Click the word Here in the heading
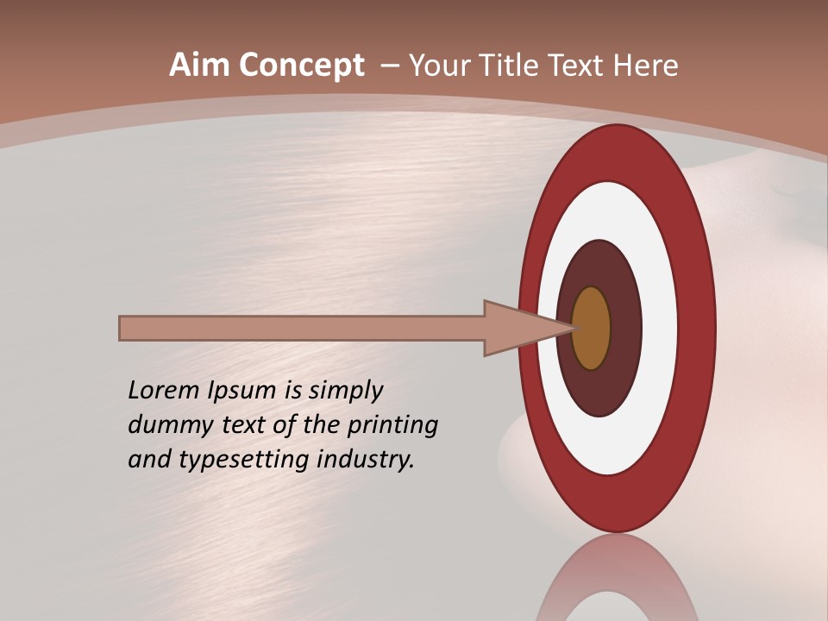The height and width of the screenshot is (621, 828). (645, 66)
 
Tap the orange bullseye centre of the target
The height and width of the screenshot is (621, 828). (592, 329)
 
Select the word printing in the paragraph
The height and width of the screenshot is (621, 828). (392, 426)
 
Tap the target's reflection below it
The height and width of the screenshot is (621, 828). (617, 582)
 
